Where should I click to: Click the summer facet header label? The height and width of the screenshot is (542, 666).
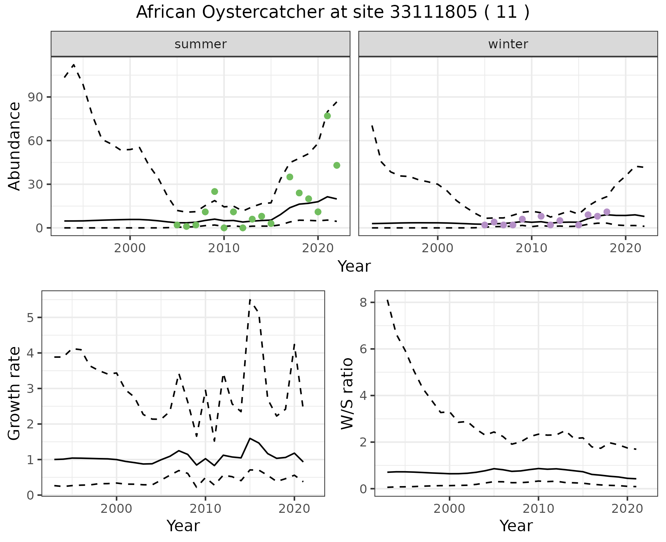[200, 44]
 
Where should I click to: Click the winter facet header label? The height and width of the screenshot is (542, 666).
[508, 44]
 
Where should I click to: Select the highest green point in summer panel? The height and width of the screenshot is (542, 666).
[327, 116]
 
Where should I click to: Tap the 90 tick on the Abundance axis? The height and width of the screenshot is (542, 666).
[39, 97]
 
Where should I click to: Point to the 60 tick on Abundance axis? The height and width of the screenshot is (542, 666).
[39, 141]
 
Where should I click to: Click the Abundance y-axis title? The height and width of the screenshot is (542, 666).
[15, 146]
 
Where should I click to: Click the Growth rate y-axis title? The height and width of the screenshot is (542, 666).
[15, 393]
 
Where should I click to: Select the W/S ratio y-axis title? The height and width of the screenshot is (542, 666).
[347, 393]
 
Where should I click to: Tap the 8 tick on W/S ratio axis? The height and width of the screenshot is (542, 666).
[363, 303]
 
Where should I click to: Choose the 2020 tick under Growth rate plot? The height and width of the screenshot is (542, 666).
[294, 509]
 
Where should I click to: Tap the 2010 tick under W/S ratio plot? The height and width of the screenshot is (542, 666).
[538, 509]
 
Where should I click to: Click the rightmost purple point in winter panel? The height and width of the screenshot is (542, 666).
[607, 212]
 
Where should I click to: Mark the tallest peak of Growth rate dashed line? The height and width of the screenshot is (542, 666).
[250, 299]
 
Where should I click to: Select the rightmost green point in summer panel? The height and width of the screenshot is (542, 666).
[336, 165]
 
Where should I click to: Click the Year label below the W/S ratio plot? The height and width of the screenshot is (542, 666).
[516, 526]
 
